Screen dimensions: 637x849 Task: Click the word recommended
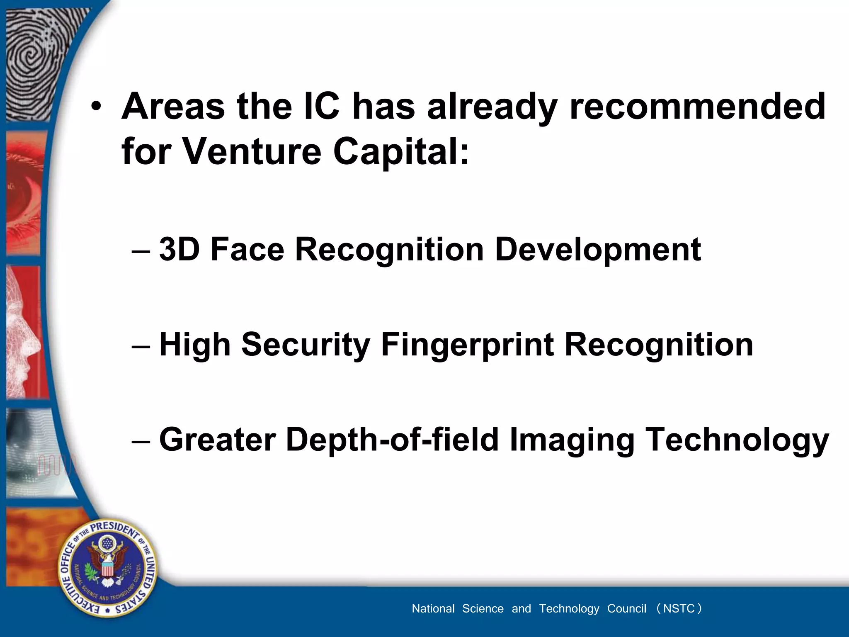[x=698, y=106]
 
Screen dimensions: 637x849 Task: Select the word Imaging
[x=572, y=440]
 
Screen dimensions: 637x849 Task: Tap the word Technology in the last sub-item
[x=737, y=440]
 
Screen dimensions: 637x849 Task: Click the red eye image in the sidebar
[x=25, y=191]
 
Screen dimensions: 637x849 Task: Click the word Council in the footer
[x=626, y=608]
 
